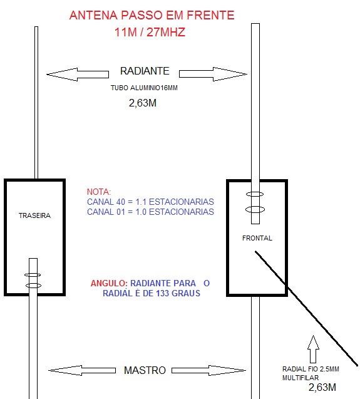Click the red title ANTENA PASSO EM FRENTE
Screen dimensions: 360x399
click(152, 15)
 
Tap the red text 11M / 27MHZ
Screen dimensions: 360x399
click(150, 33)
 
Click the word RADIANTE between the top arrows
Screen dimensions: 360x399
click(145, 71)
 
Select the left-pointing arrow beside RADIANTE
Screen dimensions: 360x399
click(78, 75)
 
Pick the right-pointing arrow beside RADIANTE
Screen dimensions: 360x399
click(213, 74)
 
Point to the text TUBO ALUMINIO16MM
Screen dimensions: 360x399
click(144, 88)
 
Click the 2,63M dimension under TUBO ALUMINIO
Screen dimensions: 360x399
click(143, 103)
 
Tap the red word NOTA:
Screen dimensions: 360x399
click(99, 192)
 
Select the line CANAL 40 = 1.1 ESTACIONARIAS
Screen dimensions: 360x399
click(150, 202)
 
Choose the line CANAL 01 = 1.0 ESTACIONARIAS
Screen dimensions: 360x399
click(150, 212)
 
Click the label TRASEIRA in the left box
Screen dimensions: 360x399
click(34, 215)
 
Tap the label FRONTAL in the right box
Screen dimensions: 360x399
click(257, 238)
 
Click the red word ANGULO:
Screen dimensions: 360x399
click(109, 283)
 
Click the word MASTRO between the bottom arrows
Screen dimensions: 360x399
click(145, 370)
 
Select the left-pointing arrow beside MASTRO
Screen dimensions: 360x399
click(82, 371)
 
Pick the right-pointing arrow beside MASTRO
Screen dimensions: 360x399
click(209, 371)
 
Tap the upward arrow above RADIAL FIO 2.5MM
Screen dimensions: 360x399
click(313, 350)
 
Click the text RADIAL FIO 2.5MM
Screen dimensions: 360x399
click(311, 369)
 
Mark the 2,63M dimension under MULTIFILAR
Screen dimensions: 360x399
click(322, 387)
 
